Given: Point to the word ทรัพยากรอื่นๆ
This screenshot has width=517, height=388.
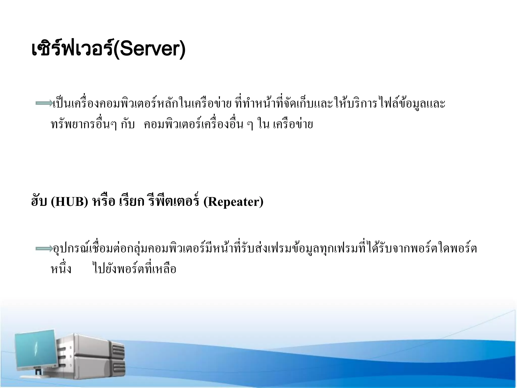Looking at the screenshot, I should (83, 125).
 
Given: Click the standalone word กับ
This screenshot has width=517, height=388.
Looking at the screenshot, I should (128, 125).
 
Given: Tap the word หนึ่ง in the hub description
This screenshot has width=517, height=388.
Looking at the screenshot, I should (61, 269).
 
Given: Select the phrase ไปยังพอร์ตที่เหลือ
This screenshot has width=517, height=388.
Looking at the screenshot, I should (135, 269).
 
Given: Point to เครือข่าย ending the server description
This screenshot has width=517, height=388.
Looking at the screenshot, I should (293, 125).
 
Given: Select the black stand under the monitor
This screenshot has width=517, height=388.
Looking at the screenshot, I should (38, 372).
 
